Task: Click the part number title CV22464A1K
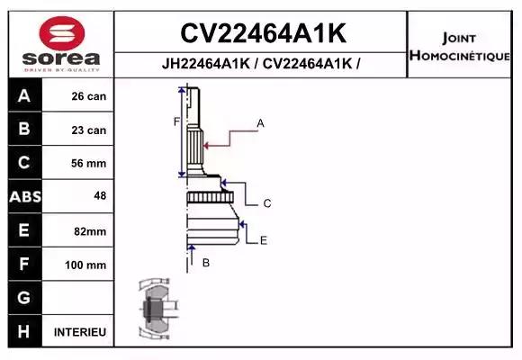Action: tap(263, 33)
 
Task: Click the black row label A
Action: tap(24, 96)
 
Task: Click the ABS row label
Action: tap(24, 197)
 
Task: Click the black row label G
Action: tap(24, 298)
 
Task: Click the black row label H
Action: tap(24, 332)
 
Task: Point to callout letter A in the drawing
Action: tap(260, 122)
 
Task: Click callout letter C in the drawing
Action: tap(267, 203)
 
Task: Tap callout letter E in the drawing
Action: tap(263, 240)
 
